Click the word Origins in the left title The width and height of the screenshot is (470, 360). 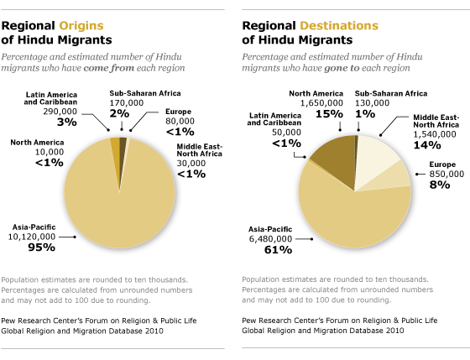tap(81, 26)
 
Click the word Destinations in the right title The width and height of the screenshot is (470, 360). tap(339, 26)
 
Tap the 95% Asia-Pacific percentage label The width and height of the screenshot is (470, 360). tap(42, 248)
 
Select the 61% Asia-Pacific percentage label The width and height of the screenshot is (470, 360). tap(278, 250)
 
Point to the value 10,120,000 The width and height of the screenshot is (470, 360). tap(32, 237)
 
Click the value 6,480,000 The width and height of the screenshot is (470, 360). tap(270, 239)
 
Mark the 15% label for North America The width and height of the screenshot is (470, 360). tap(329, 114)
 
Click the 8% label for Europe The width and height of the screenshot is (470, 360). tap(440, 185)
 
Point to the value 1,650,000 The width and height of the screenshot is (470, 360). tap(321, 103)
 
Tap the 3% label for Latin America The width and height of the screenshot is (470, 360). tap(67, 122)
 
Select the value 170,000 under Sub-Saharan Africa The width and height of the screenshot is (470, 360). tap(127, 103)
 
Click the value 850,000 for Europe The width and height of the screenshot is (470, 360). tap(446, 174)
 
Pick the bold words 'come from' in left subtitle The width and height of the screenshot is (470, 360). tap(109, 68)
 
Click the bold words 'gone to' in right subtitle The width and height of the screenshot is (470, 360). tap(342, 68)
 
